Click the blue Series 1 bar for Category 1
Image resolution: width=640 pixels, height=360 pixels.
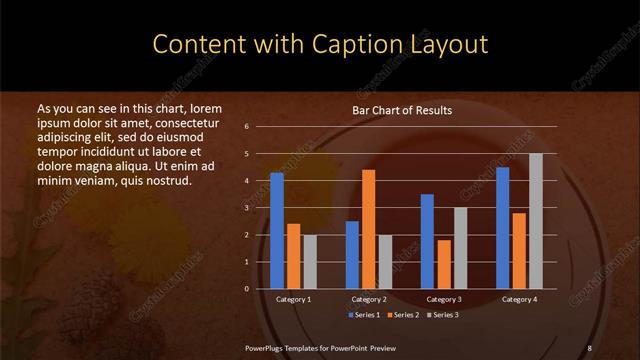point(277,230)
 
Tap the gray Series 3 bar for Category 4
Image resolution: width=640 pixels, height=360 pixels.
point(535,221)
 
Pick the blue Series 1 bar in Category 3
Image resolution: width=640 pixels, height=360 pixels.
point(427,241)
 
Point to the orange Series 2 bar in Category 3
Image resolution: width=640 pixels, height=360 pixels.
point(443,264)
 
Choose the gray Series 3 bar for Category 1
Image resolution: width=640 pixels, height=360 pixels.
point(309,261)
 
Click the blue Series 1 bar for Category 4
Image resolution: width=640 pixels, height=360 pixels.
point(503,227)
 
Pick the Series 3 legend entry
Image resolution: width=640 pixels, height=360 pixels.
point(446,315)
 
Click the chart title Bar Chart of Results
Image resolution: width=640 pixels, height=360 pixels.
point(403,110)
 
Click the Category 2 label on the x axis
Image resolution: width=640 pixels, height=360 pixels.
point(369,299)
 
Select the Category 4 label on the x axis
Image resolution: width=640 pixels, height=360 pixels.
point(519,299)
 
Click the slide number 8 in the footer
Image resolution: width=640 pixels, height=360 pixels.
point(589,347)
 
